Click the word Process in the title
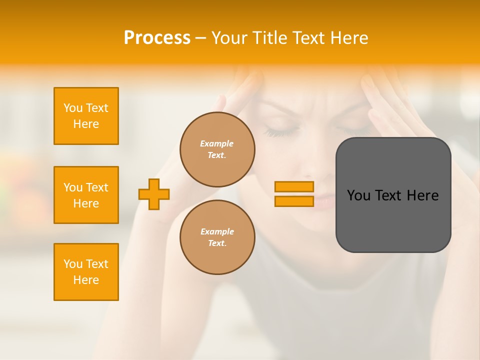point(157,38)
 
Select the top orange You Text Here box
point(86,116)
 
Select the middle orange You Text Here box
point(86,195)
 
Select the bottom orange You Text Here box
point(86,272)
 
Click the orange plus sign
point(154,194)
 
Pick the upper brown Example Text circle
point(217,149)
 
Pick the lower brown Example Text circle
point(217,237)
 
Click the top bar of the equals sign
point(294,186)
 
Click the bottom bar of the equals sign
point(294,201)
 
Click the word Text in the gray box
point(388,195)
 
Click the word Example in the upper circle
point(217,143)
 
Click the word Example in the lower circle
point(217,231)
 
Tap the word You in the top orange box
point(72,108)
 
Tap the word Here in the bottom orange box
point(86,280)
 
